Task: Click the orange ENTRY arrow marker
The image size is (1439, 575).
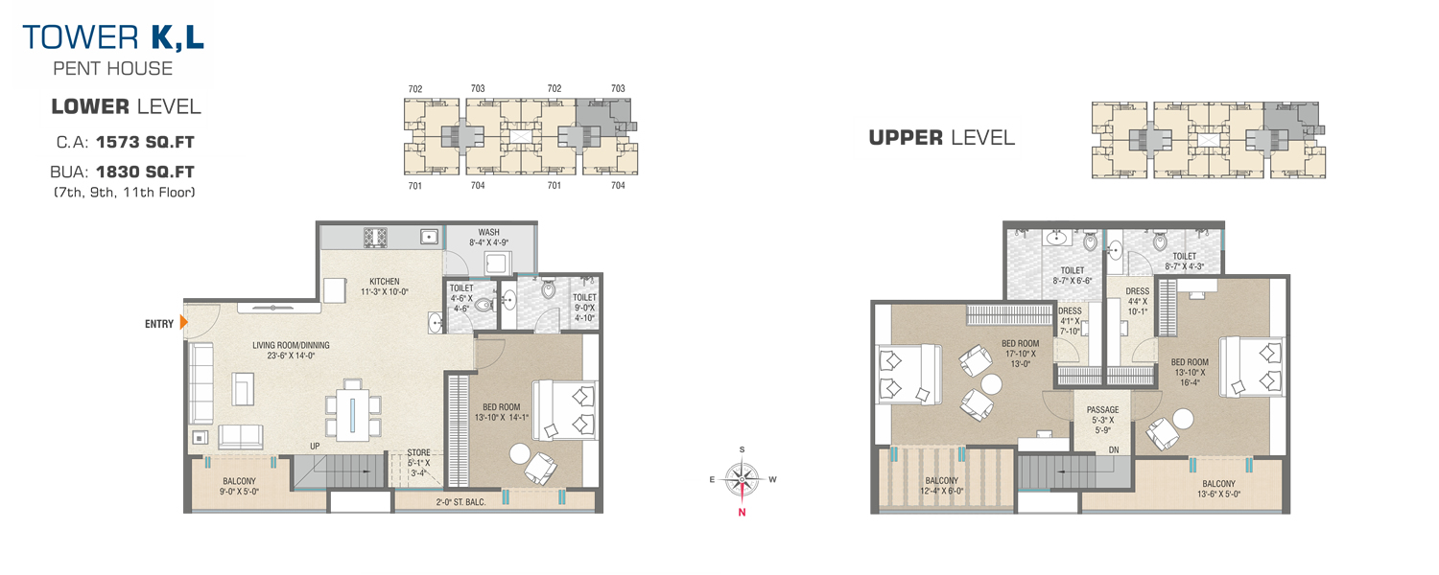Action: pos(183,322)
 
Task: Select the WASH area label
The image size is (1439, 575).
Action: pos(488,232)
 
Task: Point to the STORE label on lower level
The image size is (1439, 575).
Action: pos(418,452)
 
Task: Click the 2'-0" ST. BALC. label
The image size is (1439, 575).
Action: pos(460,502)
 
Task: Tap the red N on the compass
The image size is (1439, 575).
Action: pos(742,512)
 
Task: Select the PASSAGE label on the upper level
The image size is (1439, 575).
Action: pos(1102,409)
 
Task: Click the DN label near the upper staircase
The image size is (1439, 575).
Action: pos(1113,449)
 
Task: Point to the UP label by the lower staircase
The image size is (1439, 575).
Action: pos(315,446)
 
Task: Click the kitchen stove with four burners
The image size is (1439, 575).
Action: pos(375,238)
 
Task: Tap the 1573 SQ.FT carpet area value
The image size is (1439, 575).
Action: pos(145,142)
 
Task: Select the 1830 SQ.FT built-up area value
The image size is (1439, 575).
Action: pos(145,172)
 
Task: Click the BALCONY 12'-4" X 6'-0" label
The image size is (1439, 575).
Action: pos(941,486)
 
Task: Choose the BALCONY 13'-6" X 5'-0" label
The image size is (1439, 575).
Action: pos(1218,489)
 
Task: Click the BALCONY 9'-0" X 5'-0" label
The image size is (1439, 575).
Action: pos(239,486)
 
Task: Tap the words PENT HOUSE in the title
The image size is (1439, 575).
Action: pos(113,69)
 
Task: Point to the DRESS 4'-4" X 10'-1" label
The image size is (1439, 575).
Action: pos(1137,301)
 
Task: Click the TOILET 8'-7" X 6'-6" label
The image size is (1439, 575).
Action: pos(1073,275)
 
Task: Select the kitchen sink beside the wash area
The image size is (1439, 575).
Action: pos(429,237)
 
